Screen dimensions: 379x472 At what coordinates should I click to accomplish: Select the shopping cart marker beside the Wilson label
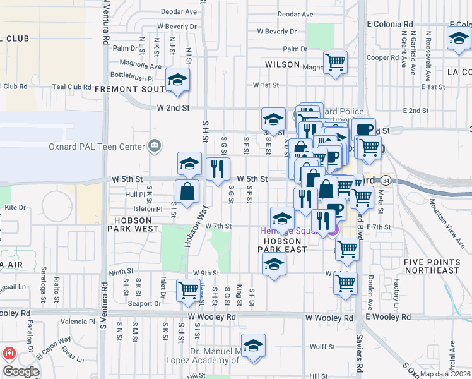click(336, 63)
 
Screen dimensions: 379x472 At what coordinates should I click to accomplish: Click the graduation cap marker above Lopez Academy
click(253, 346)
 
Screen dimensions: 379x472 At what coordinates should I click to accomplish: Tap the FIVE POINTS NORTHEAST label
click(432, 266)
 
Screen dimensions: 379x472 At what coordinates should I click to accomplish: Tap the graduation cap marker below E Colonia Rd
click(459, 39)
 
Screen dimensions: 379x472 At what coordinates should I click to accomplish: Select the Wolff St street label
click(322, 347)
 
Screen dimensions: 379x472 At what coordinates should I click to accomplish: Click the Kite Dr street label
click(15, 207)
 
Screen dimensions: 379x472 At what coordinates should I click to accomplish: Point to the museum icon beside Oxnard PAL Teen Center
click(154, 147)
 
